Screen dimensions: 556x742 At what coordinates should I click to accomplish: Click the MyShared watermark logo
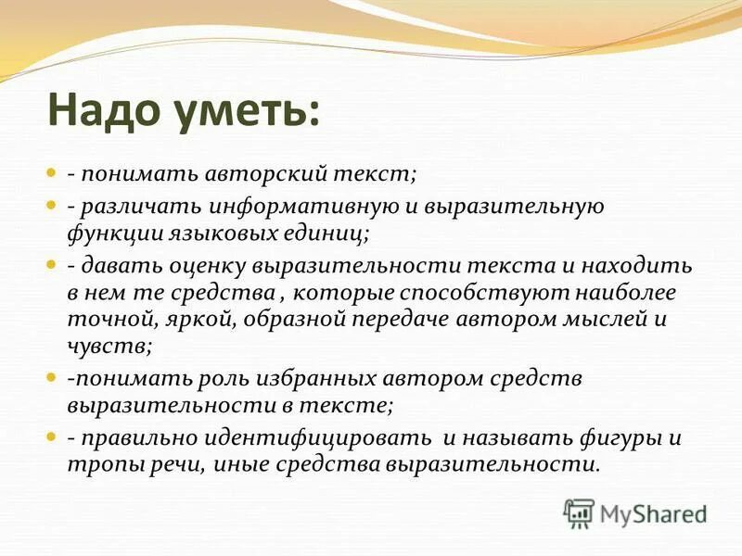(x=636, y=512)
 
